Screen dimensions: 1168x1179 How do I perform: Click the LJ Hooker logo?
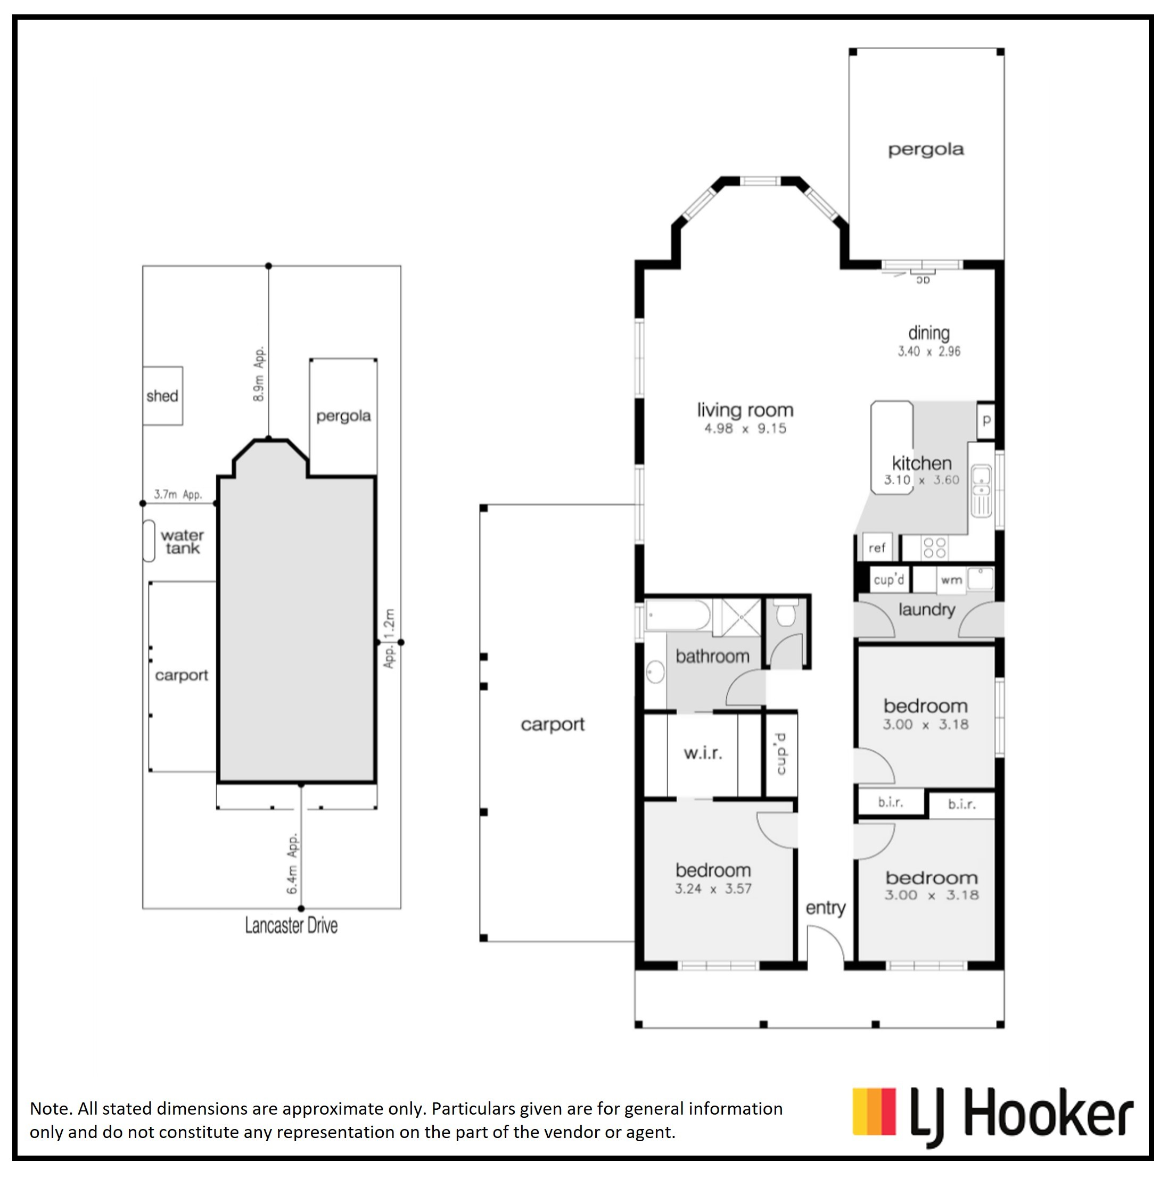click(x=992, y=1116)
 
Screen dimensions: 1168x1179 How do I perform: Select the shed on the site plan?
click(x=162, y=395)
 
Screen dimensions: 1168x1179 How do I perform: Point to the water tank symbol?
click(x=149, y=541)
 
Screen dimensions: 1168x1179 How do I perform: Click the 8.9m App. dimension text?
click(x=259, y=373)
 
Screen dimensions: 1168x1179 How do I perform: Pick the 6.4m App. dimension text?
click(x=293, y=864)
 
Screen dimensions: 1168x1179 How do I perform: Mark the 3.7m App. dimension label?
click(x=178, y=494)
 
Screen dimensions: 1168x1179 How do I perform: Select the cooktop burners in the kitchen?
click(x=935, y=547)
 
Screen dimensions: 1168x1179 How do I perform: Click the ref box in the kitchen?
click(x=877, y=547)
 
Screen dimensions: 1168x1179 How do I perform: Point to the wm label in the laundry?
click(x=951, y=580)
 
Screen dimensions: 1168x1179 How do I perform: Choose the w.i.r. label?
click(x=703, y=753)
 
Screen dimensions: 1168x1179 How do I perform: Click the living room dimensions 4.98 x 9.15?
click(x=745, y=428)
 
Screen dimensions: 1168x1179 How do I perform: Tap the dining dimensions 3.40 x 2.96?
click(x=928, y=351)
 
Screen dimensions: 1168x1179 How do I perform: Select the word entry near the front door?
click(x=826, y=908)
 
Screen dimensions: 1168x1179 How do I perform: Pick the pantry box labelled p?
click(x=986, y=420)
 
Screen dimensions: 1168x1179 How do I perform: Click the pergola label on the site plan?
click(x=343, y=416)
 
